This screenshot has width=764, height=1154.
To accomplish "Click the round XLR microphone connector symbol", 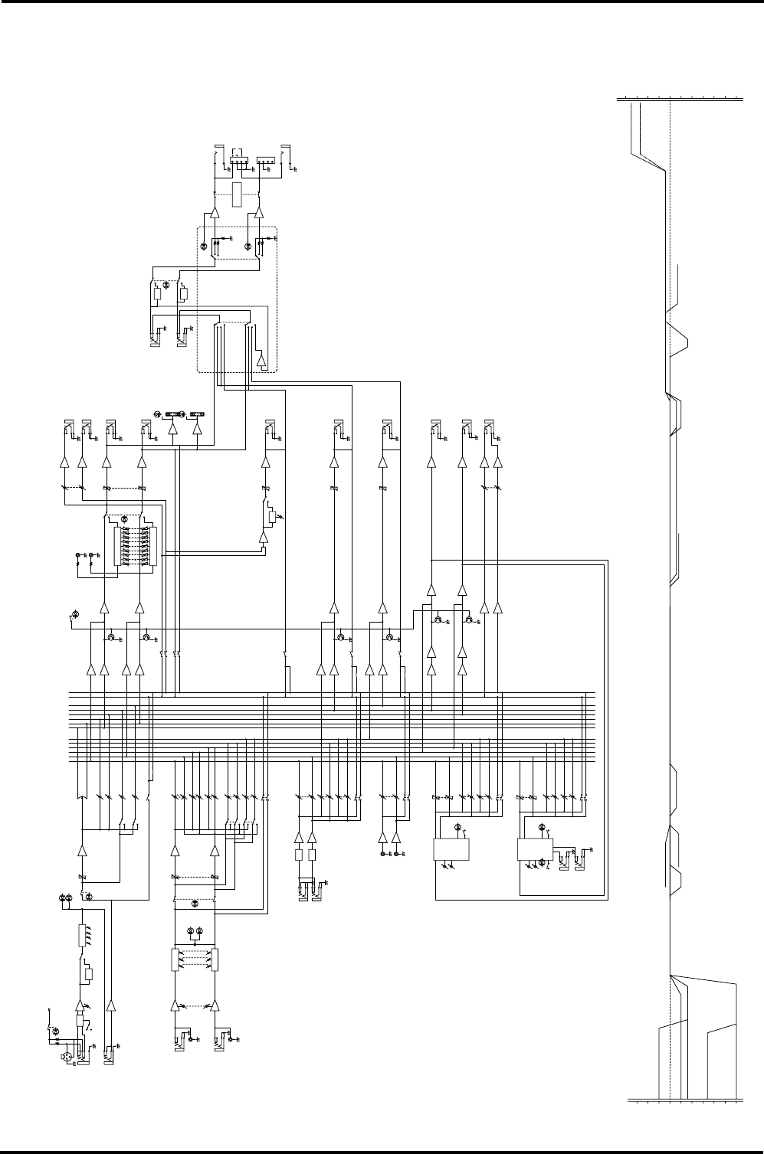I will pyautogui.click(x=67, y=1057).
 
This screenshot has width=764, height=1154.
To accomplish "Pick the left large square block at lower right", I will pyautogui.click(x=451, y=849).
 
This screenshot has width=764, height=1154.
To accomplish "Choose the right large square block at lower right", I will pyautogui.click(x=535, y=849).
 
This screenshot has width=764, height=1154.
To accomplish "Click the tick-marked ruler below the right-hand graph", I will pyautogui.click(x=684, y=1102).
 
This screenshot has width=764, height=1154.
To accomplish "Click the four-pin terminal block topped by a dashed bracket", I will pyautogui.click(x=241, y=162).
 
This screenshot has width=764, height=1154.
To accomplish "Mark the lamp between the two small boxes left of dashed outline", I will pyautogui.click(x=169, y=286).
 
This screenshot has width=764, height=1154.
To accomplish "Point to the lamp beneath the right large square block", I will pyautogui.click(x=542, y=863).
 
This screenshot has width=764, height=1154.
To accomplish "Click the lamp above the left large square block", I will pyautogui.click(x=457, y=827).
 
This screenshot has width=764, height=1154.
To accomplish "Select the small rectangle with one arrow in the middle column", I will pyautogui.click(x=271, y=517).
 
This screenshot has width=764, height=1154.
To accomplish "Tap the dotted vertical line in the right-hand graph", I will pyautogui.click(x=671, y=597).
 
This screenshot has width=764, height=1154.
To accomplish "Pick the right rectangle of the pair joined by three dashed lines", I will pyautogui.click(x=215, y=959).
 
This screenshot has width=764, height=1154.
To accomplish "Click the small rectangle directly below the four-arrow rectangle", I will pyautogui.click(x=89, y=975).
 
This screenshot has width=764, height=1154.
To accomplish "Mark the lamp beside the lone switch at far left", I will pyautogui.click(x=74, y=614).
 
